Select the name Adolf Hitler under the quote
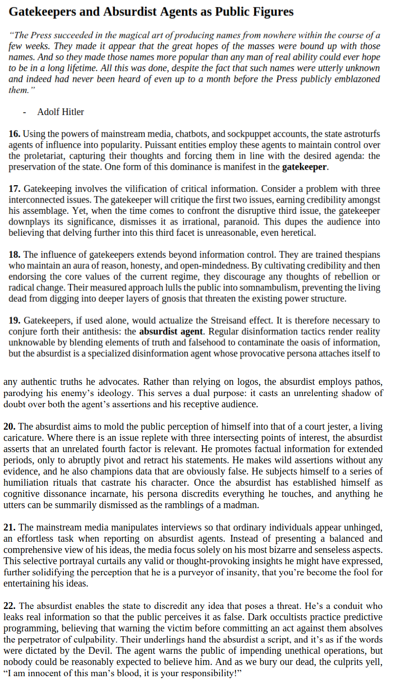coord(60,112)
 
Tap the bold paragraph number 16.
coord(15,133)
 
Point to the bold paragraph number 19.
coord(15,321)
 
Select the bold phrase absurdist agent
coord(170,332)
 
